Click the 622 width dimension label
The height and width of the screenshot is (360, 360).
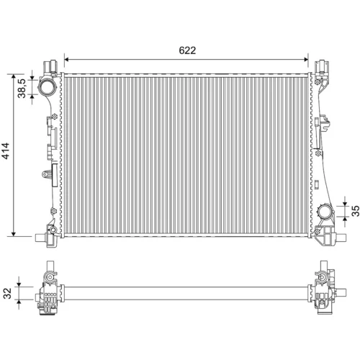(x=187, y=50)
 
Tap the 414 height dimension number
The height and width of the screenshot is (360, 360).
(x=6, y=150)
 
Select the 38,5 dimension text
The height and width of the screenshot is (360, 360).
(x=22, y=89)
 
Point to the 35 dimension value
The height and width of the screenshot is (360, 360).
(x=356, y=211)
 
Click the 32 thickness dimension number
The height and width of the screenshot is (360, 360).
(x=8, y=293)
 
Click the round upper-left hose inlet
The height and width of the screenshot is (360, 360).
(x=48, y=87)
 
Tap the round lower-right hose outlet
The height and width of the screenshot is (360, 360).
(x=325, y=212)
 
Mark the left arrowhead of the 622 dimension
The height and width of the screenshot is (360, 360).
(x=66, y=59)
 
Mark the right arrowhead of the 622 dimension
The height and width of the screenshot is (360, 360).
(x=306, y=59)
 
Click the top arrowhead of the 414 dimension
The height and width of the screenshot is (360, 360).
(x=14, y=76)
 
